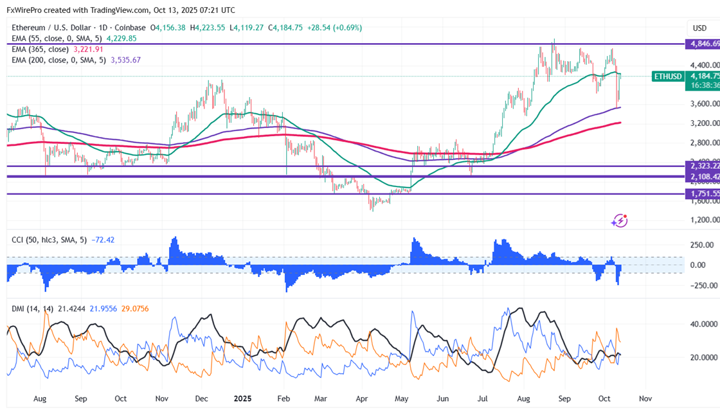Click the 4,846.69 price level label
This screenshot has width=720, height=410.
point(701,44)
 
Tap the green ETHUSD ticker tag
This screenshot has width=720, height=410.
point(667,76)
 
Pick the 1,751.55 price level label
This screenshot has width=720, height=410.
point(701,193)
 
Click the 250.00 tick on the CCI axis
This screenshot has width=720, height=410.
point(701,245)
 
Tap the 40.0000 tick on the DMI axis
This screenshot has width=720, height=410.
point(703,325)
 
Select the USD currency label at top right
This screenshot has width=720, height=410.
point(699,28)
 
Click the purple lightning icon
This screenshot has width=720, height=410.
point(619,220)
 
